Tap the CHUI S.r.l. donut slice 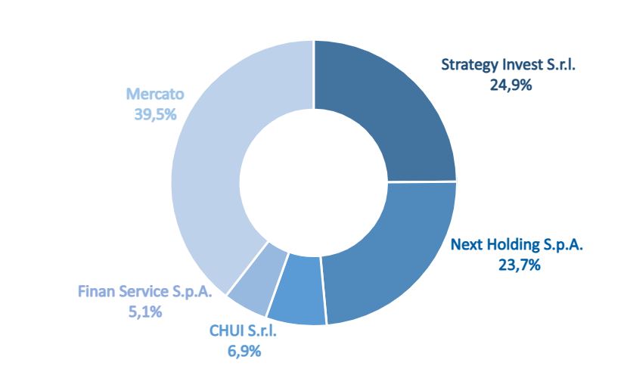296,291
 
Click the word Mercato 155,95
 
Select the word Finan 96,290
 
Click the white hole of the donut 313,181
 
